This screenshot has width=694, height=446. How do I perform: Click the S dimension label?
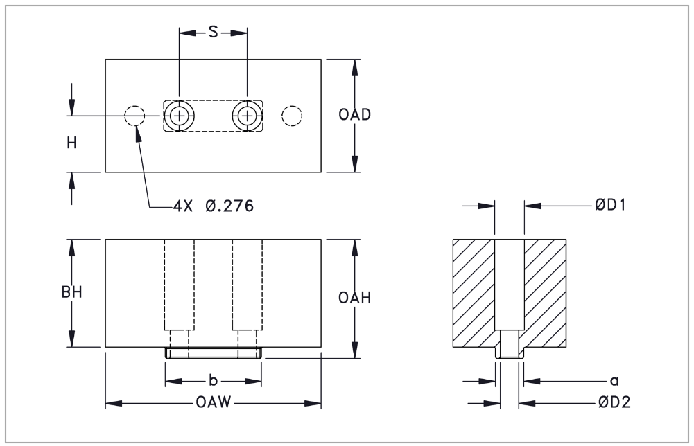(x=214, y=33)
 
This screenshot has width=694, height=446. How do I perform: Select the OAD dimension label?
(x=354, y=115)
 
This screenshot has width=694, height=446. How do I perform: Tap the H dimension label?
(x=71, y=143)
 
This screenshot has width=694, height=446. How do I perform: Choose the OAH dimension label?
(x=354, y=298)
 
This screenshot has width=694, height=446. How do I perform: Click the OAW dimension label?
(x=213, y=403)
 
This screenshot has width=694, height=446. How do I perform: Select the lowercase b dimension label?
(x=214, y=380)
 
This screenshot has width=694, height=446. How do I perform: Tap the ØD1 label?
(x=610, y=205)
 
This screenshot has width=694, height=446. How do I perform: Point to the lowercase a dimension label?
(x=613, y=380)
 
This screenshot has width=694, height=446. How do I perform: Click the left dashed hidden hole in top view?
(x=134, y=116)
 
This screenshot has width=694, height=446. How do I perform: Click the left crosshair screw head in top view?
(x=180, y=116)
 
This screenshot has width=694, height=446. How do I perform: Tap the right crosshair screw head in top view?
(x=247, y=116)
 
